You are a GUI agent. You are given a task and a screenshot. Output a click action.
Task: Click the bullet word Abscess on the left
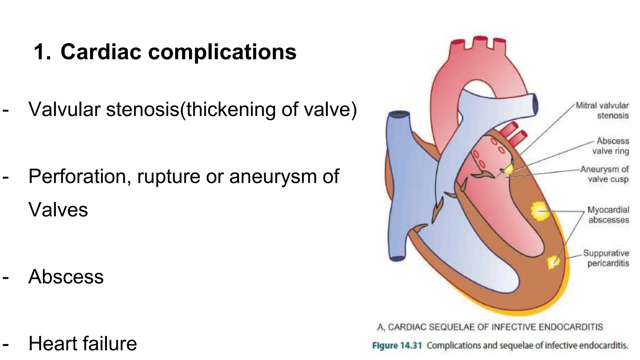[66, 277]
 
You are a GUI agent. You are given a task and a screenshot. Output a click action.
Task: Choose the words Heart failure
[82, 344]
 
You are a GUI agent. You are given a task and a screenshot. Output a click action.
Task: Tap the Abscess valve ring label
[611, 146]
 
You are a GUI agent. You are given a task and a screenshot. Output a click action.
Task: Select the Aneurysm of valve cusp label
[605, 174]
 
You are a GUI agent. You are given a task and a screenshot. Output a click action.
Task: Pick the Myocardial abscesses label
[608, 215]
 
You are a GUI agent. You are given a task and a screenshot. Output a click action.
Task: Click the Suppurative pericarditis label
[606, 258]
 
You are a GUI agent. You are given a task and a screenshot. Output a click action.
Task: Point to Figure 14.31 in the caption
[397, 346]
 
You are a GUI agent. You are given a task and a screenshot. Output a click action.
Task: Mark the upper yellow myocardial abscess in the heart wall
[539, 211]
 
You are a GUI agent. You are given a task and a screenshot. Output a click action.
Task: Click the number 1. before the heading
[42, 52]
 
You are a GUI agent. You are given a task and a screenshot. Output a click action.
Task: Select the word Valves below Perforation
[58, 210]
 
